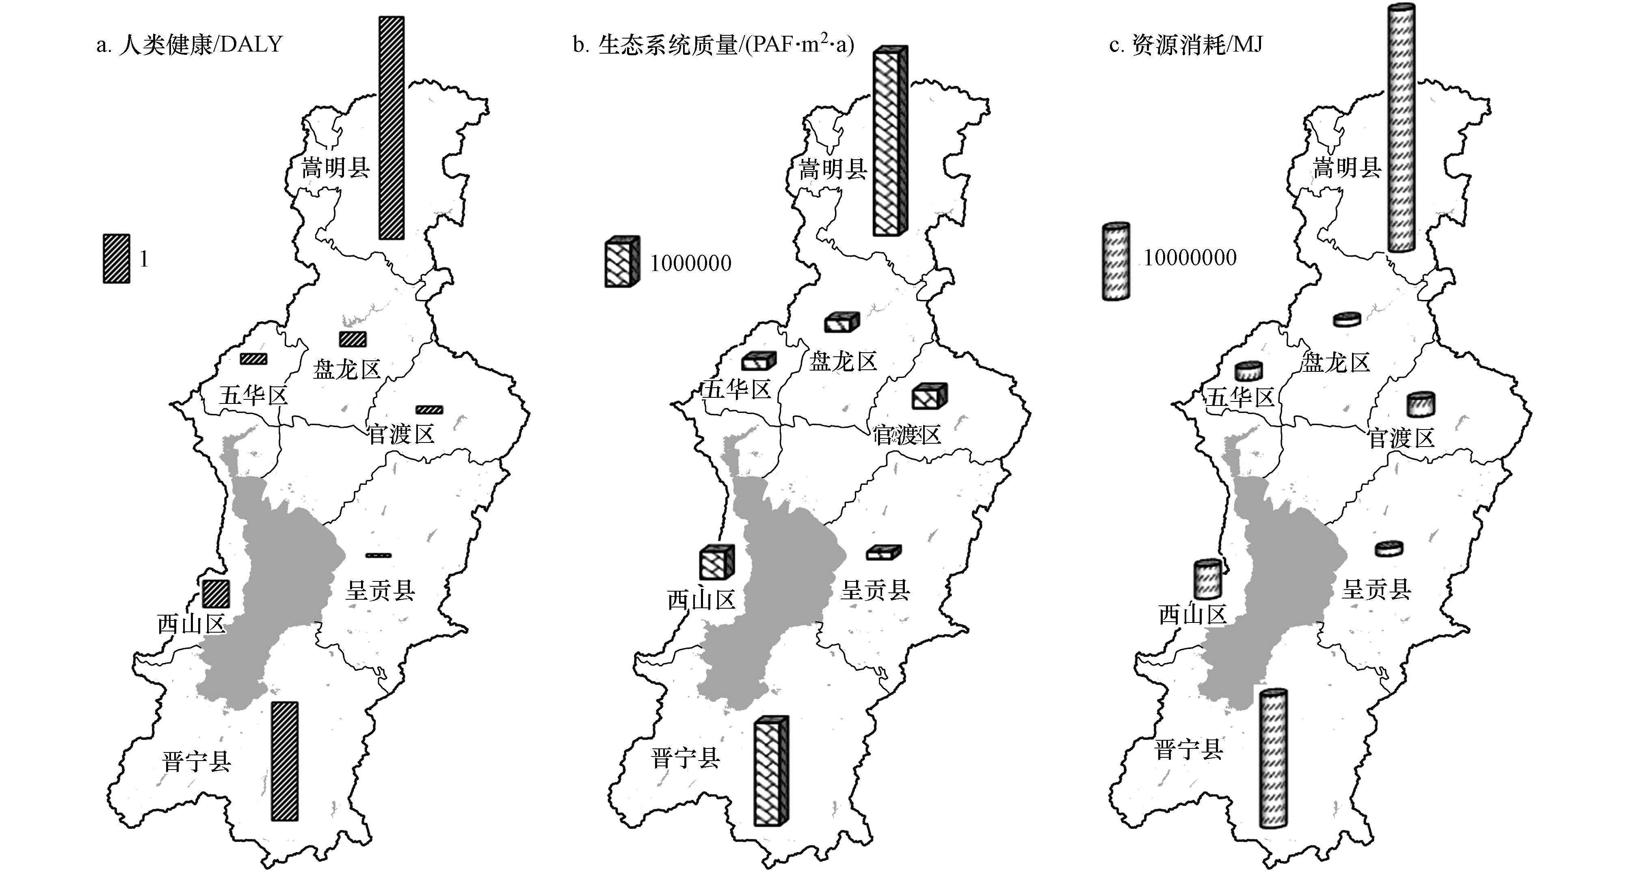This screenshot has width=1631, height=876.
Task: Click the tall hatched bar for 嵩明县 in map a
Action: pos(391,128)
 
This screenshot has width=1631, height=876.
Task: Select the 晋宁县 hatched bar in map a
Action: pos(284,761)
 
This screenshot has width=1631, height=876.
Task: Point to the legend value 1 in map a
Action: pos(144,259)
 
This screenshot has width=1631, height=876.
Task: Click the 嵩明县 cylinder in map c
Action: pos(1401,128)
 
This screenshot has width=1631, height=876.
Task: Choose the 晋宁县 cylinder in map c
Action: pos(1273,758)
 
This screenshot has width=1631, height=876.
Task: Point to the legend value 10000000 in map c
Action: pos(1190,258)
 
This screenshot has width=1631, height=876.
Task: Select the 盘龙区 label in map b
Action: pos(843,362)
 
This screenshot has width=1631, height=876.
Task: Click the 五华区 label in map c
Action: pos(1239,398)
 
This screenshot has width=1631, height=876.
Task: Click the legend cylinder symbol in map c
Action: pos(1116,261)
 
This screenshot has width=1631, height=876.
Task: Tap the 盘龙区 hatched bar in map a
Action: pos(353,339)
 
